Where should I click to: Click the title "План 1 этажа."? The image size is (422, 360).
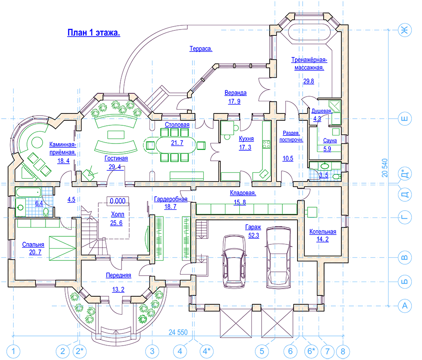(94, 33)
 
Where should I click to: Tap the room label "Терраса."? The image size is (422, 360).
(201, 49)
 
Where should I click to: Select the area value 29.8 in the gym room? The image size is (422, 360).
(308, 81)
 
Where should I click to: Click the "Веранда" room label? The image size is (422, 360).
(235, 93)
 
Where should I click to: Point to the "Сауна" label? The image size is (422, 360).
(330, 141)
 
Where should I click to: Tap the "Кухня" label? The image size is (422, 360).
(246, 138)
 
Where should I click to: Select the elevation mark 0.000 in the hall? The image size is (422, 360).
(118, 201)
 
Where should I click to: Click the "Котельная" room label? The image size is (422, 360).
(323, 232)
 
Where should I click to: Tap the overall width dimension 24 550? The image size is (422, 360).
(178, 332)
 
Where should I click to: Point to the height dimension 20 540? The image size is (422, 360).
(385, 168)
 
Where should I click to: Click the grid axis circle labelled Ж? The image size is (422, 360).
(405, 30)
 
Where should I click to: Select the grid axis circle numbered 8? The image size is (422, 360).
(343, 352)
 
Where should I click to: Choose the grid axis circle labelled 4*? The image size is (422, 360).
(207, 352)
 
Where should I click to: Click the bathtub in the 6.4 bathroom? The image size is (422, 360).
(28, 192)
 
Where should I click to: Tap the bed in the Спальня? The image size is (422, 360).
(62, 248)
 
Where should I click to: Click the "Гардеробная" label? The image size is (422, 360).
(170, 199)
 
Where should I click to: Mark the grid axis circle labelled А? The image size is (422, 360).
(405, 306)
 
